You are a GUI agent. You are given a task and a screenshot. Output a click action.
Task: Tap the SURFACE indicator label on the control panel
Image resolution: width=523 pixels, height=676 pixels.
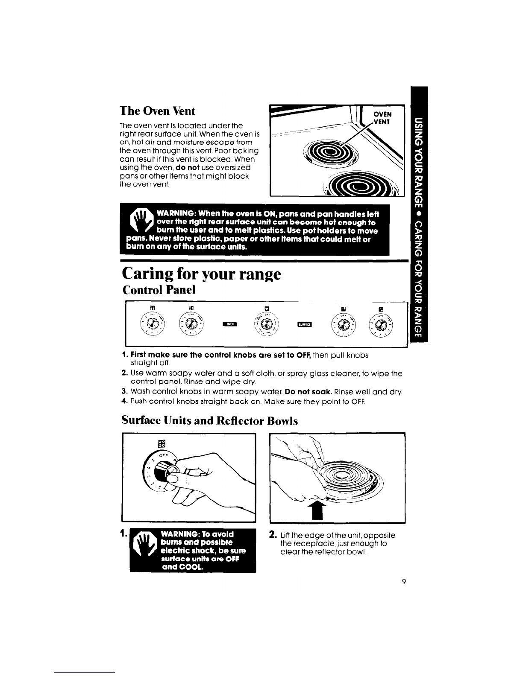(x=304, y=324)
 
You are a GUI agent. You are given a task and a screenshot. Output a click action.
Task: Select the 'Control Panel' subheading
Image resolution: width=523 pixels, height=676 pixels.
(x=159, y=290)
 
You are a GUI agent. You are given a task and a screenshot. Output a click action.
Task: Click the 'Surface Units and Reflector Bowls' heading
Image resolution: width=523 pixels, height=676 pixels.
(x=209, y=421)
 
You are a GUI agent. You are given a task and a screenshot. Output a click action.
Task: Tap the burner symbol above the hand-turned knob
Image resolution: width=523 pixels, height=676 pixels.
(x=162, y=443)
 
